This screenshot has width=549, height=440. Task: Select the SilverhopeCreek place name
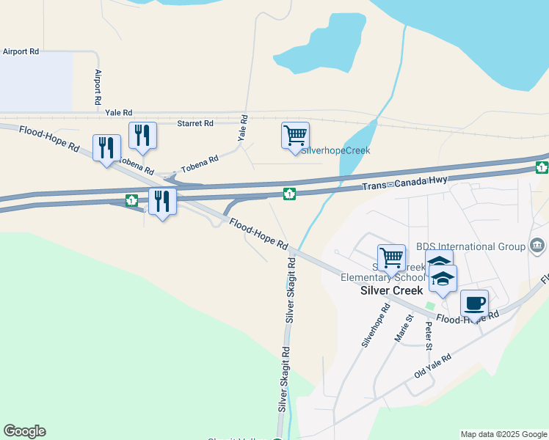(336, 150)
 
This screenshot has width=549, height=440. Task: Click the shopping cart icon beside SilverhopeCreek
(295, 136)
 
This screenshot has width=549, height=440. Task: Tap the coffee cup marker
(474, 303)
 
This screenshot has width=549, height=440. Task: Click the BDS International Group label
(470, 246)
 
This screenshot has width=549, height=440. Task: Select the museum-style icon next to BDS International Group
(537, 245)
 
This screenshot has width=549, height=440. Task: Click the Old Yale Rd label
(432, 364)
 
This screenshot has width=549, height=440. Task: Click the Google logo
(24, 431)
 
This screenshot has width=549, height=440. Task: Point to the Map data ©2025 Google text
(503, 434)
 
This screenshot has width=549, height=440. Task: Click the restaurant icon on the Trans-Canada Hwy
(162, 200)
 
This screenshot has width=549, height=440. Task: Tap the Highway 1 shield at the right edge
(542, 169)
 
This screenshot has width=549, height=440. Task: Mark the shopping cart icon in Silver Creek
(391, 257)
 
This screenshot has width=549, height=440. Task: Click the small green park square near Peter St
(431, 305)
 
